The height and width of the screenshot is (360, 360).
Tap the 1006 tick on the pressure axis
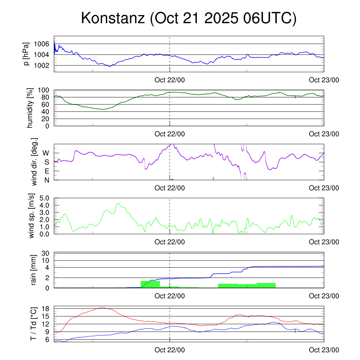42,44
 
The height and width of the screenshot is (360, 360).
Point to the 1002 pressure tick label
42,65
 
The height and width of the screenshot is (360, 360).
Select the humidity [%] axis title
31,108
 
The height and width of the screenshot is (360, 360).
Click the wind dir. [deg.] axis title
34,162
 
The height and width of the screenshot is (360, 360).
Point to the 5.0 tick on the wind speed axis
46,198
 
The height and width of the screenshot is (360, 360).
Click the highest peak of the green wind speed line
118,203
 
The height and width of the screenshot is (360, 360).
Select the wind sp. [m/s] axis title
32,216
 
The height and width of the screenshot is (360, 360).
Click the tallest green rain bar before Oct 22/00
150,284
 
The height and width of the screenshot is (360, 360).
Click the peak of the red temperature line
102,308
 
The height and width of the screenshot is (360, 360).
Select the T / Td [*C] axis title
33,323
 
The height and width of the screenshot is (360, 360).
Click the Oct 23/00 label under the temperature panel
324,350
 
